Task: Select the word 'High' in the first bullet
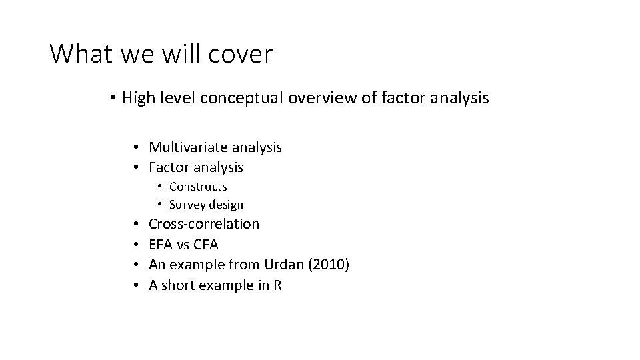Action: coord(139,99)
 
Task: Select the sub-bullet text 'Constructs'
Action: coord(198,187)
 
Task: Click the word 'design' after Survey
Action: coord(227,205)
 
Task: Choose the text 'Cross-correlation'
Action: coord(204,224)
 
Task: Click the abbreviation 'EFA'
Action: coord(163,245)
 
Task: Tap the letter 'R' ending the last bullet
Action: coord(277,285)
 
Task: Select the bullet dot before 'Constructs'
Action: coord(161,187)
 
